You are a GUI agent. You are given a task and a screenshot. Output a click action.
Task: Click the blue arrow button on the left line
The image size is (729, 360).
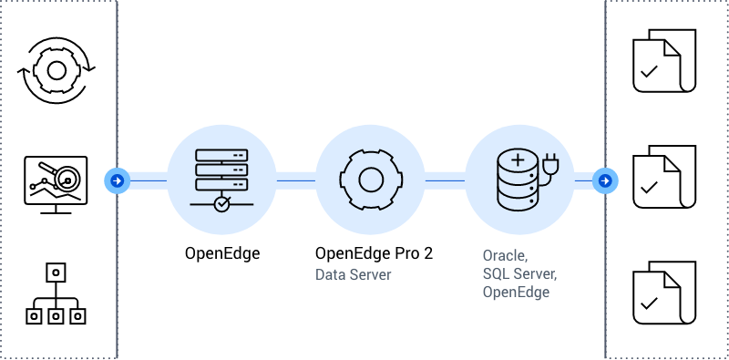117,180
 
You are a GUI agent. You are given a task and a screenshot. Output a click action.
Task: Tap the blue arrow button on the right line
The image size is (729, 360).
605,180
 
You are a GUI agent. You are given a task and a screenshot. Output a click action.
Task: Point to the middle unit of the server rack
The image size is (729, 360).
221,168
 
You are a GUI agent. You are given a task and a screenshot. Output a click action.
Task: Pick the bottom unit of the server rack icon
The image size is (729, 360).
221,183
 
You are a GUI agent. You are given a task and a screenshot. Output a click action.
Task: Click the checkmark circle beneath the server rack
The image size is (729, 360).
221,204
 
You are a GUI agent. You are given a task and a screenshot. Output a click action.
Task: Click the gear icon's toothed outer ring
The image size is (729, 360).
371,157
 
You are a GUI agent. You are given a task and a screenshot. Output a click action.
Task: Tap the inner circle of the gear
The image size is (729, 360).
371,180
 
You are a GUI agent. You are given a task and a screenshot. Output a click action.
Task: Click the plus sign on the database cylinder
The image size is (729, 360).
518,160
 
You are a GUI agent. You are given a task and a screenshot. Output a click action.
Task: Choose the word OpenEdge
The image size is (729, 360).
515,293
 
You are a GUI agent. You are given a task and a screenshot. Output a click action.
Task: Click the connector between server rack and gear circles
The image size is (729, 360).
296,180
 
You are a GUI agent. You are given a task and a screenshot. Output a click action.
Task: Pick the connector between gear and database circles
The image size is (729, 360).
446,180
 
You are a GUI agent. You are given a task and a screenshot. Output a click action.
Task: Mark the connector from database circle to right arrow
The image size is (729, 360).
584,180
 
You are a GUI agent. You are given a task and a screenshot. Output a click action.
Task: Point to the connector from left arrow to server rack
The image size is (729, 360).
146,180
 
